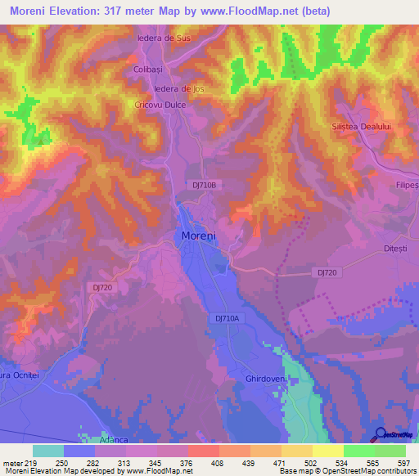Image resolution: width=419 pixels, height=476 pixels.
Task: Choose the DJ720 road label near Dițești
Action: point(327,272)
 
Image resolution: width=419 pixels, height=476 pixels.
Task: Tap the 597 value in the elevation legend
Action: point(403,463)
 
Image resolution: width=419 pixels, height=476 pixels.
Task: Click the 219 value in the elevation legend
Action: point(30,463)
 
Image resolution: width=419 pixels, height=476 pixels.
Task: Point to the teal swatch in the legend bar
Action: point(48,451)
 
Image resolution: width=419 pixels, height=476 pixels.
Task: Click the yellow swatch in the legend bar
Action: point(328,451)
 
